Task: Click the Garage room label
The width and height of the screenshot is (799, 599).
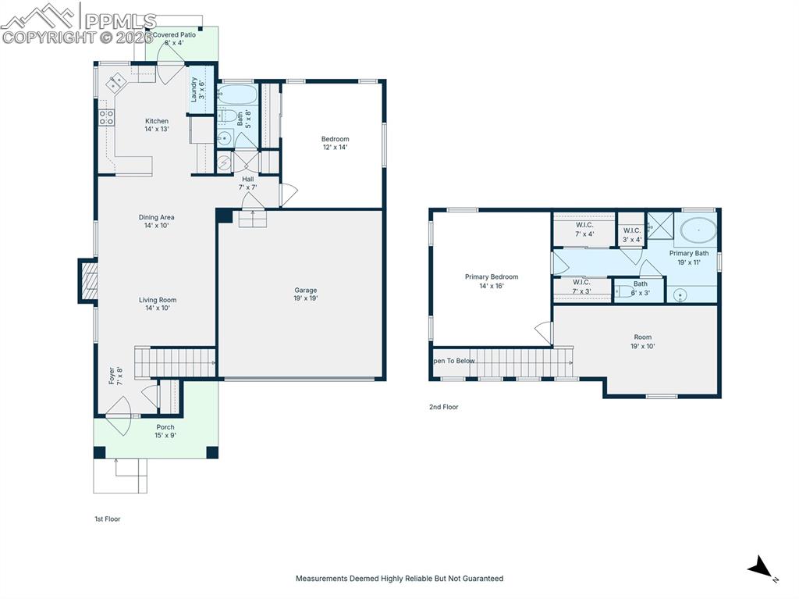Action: point(305,294)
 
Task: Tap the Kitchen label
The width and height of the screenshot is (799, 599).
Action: point(157,125)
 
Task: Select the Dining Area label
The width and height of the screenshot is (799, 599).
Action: point(157,221)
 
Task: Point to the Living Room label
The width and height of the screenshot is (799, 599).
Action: point(158,304)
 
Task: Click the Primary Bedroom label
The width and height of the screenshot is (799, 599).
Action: point(492,281)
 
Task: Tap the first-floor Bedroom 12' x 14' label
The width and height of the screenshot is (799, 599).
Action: point(336,143)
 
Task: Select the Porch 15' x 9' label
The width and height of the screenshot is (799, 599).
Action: point(165,431)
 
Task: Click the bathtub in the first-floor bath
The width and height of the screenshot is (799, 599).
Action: point(236,95)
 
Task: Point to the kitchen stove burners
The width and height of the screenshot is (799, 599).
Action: point(106,118)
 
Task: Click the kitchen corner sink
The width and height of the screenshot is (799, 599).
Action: point(115,80)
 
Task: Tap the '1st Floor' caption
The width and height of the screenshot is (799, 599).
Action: point(108,519)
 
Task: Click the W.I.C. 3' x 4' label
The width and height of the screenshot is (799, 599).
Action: point(632,234)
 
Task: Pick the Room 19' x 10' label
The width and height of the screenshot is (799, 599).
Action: point(643,341)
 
